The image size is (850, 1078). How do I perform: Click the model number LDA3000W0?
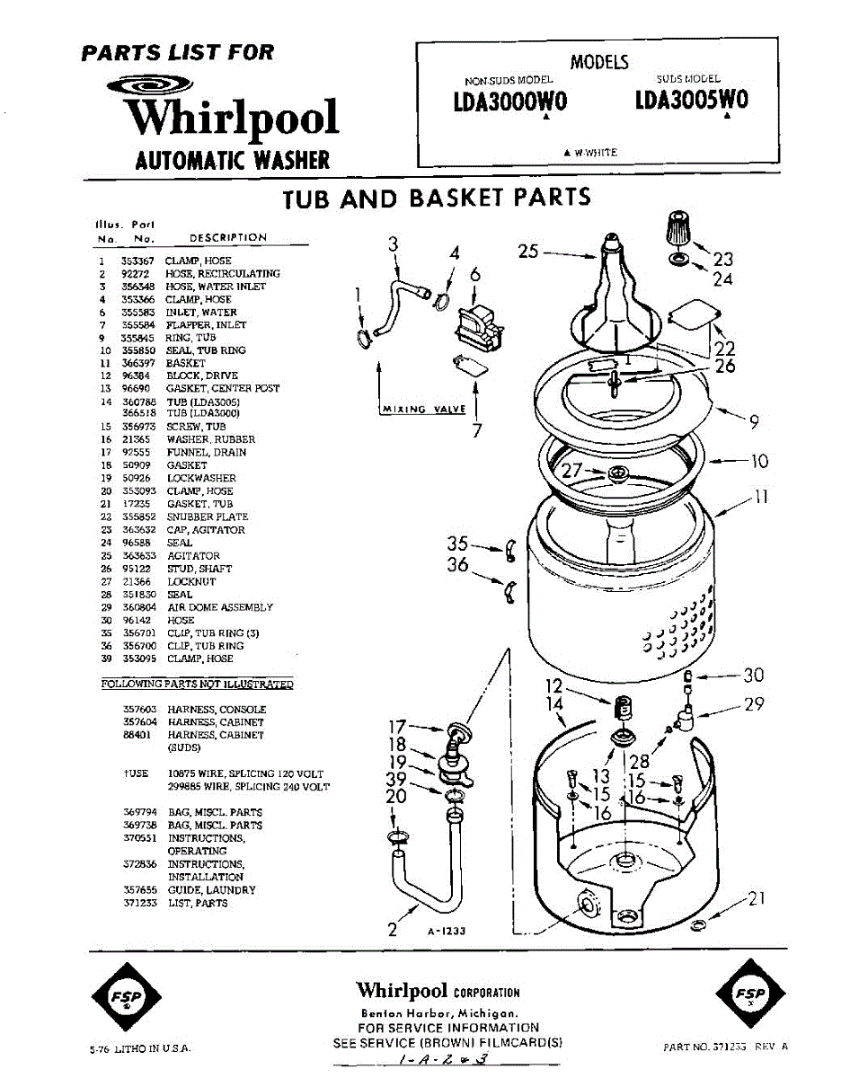pos(509,103)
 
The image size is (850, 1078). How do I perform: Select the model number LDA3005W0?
pos(690,100)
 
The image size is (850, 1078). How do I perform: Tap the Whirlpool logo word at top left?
pos(231,119)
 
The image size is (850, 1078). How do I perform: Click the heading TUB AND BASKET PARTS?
pos(437,198)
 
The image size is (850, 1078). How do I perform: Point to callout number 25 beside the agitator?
pos(530,252)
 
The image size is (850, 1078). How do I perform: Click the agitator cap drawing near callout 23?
pos(680,229)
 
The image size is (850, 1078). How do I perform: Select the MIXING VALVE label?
pos(424,410)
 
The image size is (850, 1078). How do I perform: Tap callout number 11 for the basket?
pos(762,497)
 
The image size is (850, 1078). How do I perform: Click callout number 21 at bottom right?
pos(757,898)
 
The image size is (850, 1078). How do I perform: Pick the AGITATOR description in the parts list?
pos(193,556)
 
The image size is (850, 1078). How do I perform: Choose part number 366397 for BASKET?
pos(137,363)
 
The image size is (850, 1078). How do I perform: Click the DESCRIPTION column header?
pos(228,238)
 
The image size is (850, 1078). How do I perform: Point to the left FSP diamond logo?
pos(127,994)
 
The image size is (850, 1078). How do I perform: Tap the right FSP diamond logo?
pos(750,994)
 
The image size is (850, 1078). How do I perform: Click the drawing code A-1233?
pos(447,932)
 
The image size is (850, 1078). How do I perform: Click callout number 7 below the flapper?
pos(477,430)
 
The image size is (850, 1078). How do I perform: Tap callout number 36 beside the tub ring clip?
pos(457,565)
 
